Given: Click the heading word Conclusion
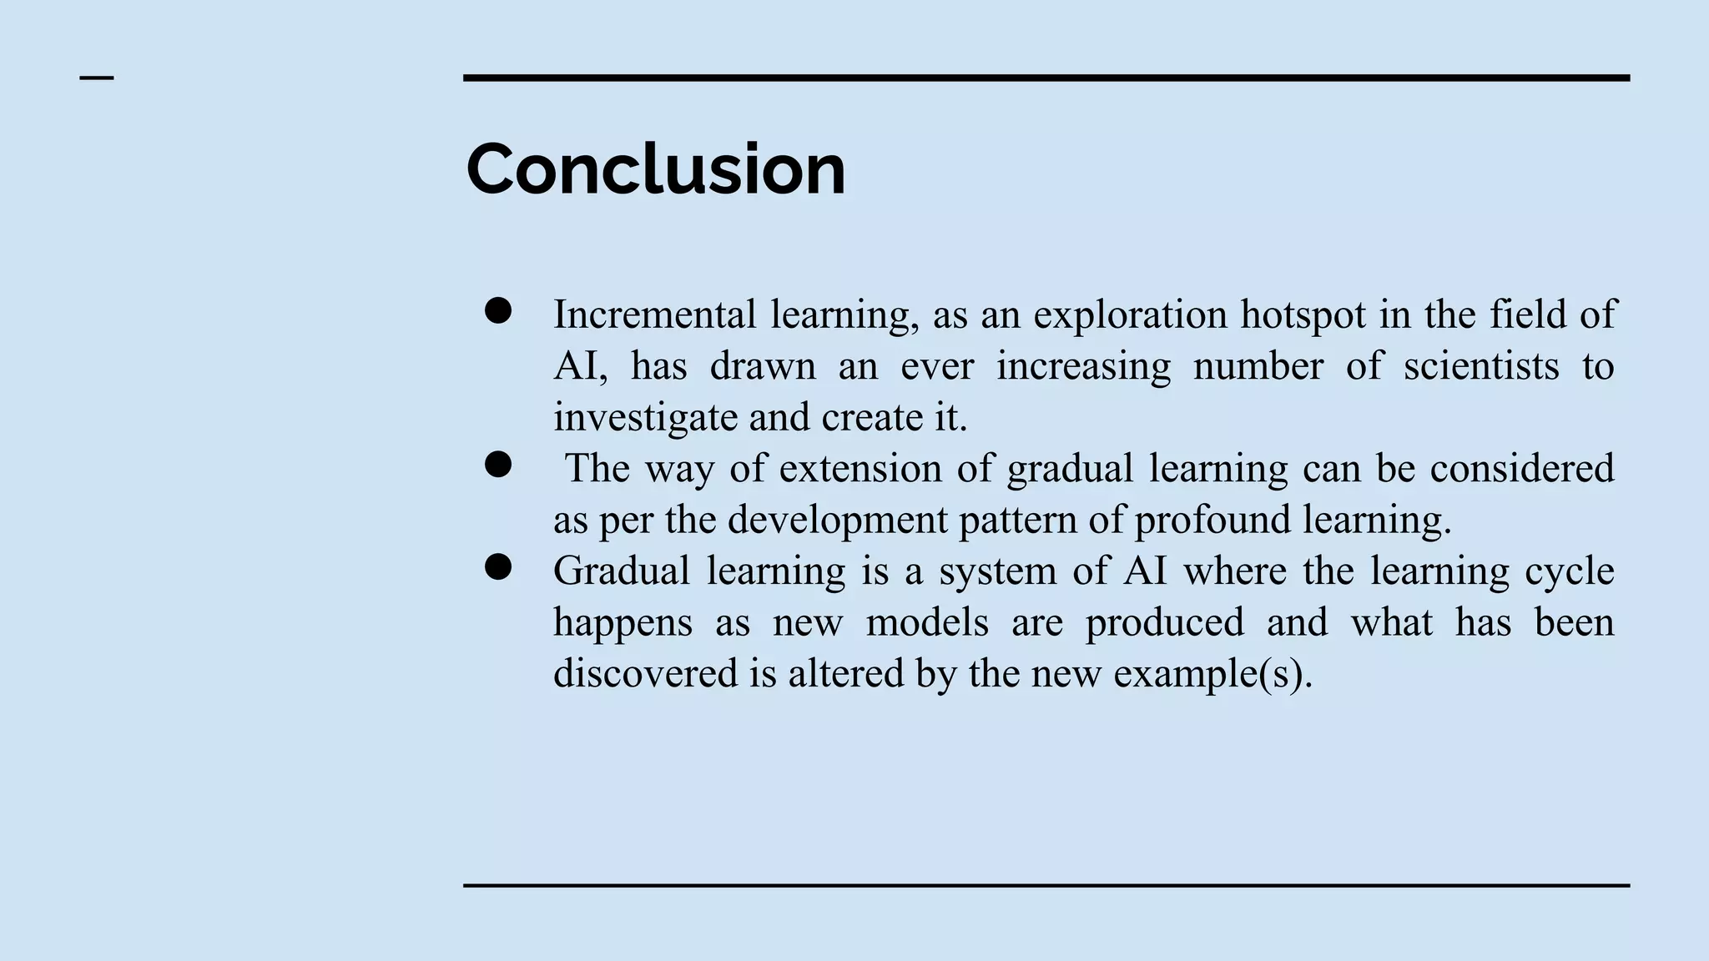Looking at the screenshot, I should (x=656, y=169).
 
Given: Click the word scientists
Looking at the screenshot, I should (x=1480, y=366).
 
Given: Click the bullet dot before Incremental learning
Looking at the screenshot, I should (x=498, y=311).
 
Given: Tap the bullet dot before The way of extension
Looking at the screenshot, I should (x=498, y=465).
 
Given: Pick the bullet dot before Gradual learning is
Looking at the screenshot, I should (x=498, y=567).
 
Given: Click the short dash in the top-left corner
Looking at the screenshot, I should (x=97, y=78).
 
